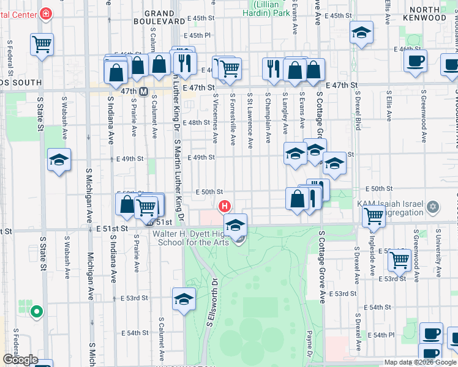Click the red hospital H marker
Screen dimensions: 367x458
tap(225, 206)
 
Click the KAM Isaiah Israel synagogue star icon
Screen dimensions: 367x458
tap(434, 206)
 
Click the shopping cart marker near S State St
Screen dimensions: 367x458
tap(42, 44)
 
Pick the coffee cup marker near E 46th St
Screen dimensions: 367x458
tap(415, 61)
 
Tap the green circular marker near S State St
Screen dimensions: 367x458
tap(36, 311)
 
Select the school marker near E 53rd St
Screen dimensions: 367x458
tap(183, 299)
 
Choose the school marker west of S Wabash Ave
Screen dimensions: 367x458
tap(59, 160)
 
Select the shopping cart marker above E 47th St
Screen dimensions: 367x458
tap(229, 69)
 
